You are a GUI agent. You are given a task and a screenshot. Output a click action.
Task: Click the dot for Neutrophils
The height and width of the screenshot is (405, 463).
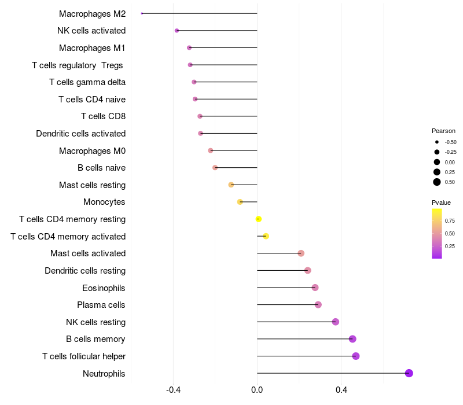pyautogui.click(x=409, y=373)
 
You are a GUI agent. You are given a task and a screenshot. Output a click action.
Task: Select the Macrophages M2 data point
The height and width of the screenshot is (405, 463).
pyautogui.click(x=142, y=13)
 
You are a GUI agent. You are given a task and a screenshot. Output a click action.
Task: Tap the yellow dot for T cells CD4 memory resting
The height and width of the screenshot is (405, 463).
pyautogui.click(x=259, y=219)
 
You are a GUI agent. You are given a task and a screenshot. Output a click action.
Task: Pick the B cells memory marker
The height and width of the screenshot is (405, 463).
pyautogui.click(x=352, y=339)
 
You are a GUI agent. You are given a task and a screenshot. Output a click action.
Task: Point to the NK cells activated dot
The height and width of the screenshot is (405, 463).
pyautogui.click(x=177, y=30)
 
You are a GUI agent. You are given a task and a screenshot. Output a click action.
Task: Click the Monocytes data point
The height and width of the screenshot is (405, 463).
pyautogui.click(x=240, y=202)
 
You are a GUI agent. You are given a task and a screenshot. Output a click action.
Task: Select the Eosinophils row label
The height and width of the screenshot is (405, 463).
pyautogui.click(x=104, y=288)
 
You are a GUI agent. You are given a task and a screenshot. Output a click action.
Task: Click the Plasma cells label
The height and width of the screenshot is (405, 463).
pyautogui.click(x=101, y=305)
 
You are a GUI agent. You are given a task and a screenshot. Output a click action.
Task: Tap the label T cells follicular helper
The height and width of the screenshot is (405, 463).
pyautogui.click(x=84, y=356)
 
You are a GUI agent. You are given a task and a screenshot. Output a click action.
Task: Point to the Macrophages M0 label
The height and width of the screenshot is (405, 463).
pyautogui.click(x=92, y=151)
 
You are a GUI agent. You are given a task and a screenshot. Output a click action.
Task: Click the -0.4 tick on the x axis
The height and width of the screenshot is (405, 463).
pyautogui.click(x=173, y=391)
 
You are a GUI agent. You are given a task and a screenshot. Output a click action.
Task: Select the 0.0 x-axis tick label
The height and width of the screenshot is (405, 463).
pyautogui.click(x=257, y=391)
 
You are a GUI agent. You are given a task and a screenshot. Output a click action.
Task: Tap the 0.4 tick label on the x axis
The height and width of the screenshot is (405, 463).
pyautogui.click(x=341, y=391)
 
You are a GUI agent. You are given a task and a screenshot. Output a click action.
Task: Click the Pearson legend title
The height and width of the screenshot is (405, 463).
pyautogui.click(x=443, y=131)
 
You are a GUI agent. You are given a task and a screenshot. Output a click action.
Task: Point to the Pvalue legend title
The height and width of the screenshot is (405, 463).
pyautogui.click(x=441, y=203)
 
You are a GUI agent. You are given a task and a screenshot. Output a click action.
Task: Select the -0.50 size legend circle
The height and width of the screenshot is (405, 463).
pyautogui.click(x=437, y=142)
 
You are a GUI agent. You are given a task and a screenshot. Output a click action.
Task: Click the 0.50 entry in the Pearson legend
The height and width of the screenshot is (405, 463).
pyautogui.click(x=450, y=182)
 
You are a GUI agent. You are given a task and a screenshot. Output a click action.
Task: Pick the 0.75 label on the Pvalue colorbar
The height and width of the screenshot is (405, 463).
pyautogui.click(x=450, y=220)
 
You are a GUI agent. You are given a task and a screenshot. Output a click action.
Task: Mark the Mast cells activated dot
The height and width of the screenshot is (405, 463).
pyautogui.click(x=301, y=253)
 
